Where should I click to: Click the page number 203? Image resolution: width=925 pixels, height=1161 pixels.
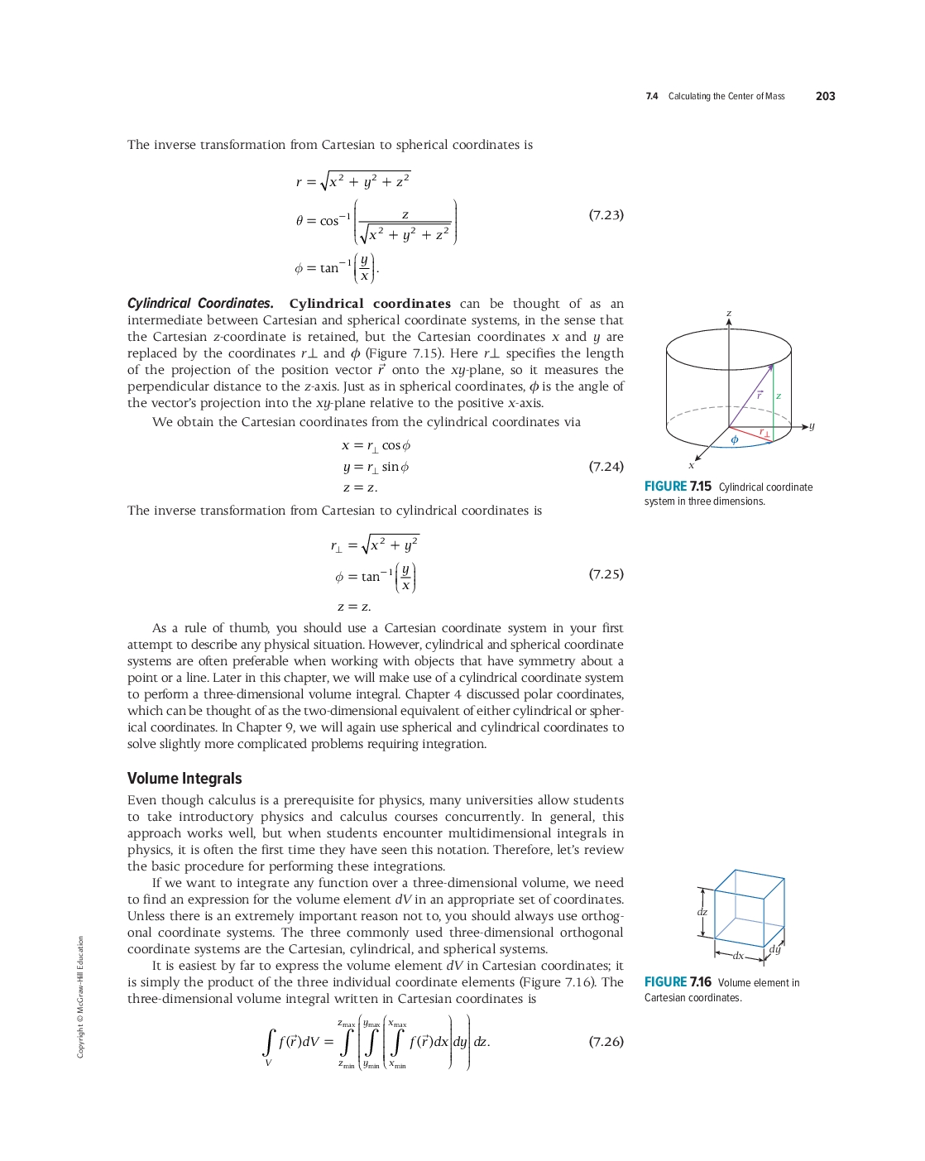point(825,96)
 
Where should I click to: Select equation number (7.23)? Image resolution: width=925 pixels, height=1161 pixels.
point(606,215)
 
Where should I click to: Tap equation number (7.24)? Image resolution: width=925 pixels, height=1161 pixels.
point(606,467)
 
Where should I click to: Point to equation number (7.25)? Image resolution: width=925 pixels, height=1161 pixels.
point(606,574)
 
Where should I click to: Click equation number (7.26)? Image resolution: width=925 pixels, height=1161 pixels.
point(606,1042)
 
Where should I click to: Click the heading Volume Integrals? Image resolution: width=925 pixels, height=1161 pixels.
point(185,779)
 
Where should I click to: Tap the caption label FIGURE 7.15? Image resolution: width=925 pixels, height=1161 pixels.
point(678,487)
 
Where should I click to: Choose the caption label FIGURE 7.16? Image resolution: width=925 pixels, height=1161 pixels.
point(678,982)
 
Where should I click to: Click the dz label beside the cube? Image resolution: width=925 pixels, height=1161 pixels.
point(702,912)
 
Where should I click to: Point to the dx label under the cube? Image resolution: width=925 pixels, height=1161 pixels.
point(738,956)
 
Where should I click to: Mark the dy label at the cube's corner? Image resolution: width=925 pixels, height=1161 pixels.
point(774,949)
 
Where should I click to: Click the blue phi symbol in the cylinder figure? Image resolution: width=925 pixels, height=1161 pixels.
point(734,440)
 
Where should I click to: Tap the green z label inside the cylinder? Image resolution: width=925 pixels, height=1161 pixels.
point(779,396)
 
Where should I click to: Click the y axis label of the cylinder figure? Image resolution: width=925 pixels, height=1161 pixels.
point(812,425)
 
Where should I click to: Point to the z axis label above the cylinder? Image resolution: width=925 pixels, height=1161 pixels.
point(729,313)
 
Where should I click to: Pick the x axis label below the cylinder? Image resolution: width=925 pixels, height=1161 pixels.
point(692,465)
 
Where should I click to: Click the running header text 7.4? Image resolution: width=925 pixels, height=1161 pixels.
point(652,97)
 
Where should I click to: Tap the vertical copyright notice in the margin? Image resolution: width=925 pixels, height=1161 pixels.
point(80,996)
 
